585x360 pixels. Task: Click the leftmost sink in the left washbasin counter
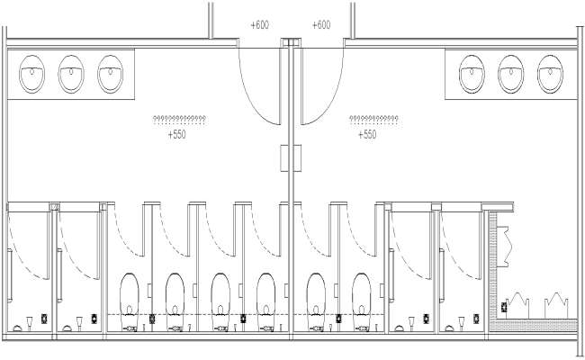32,74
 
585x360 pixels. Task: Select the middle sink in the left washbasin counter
71,74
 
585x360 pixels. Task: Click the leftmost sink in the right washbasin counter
472,74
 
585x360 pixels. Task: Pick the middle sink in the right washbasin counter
510,74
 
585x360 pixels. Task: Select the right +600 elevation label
321,25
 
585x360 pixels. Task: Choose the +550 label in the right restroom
367,135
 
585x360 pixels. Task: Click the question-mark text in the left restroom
180,119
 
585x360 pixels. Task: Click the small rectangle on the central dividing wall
288,157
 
